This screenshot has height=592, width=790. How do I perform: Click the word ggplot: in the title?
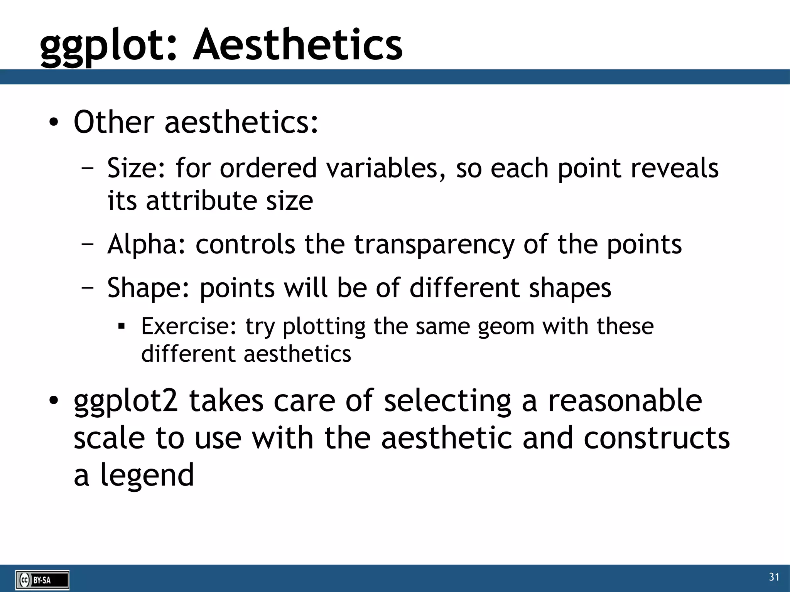[x=108, y=46]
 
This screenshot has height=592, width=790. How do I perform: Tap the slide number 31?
[x=774, y=577]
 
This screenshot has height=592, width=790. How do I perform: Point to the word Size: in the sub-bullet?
[x=137, y=169]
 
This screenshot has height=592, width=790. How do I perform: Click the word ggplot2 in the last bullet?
[x=126, y=401]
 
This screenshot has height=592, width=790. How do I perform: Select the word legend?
[x=147, y=475]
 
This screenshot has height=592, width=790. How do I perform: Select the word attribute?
[x=201, y=201]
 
